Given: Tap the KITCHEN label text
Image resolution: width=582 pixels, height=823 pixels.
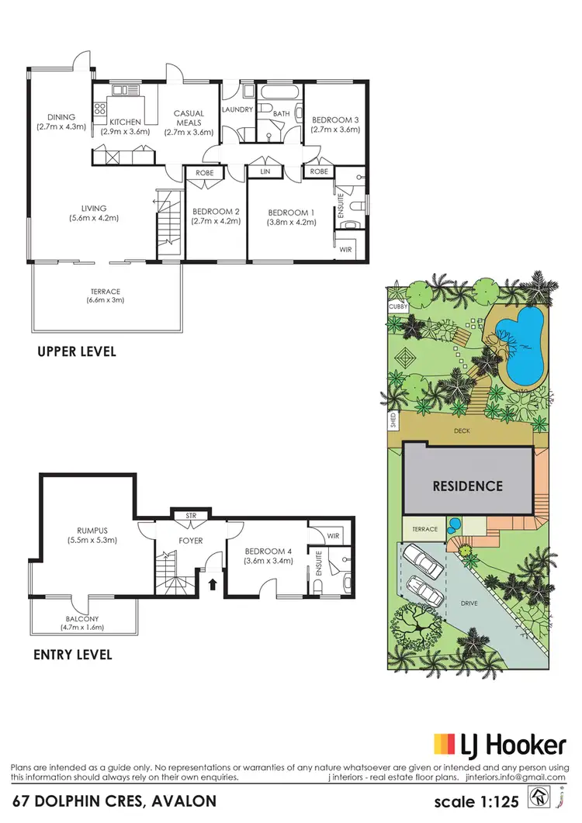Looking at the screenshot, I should point(124,123).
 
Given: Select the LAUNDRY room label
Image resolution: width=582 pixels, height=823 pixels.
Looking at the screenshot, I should point(237,109).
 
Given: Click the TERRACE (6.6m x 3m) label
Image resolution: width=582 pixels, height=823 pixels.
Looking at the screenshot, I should point(106,292).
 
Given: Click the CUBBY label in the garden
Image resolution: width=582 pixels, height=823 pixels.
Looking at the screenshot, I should point(397,307).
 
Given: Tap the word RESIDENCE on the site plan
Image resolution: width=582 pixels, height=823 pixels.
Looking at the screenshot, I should point(467,486).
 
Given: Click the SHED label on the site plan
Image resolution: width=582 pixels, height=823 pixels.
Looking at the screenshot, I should point(394,422).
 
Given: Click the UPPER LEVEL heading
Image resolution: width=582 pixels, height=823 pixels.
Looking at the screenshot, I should point(77,351).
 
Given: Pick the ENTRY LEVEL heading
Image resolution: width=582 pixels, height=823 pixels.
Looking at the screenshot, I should point(73,655).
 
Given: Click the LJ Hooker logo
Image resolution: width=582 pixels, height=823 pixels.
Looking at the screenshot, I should point(499,745).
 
